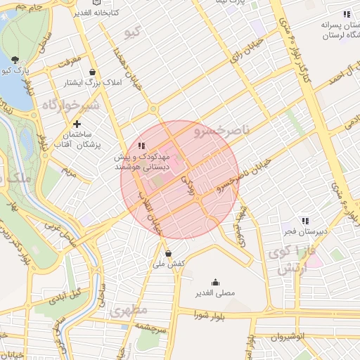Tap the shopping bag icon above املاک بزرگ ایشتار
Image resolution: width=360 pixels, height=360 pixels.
pos(93,72)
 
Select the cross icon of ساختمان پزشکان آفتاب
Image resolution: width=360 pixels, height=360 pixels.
pos(77,124)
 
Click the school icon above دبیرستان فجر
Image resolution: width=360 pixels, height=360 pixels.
pos(304,221)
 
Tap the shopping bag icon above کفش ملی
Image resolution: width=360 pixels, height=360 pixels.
pos(167,253)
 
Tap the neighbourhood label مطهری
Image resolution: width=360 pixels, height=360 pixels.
pos(128,309)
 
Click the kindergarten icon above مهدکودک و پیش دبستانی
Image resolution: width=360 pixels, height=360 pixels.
pos(142,146)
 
